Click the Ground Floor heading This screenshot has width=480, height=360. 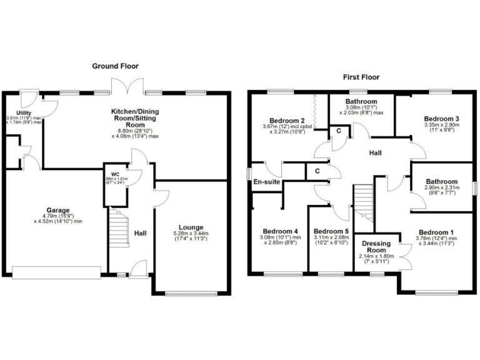(115, 66)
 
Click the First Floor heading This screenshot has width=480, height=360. (361, 77)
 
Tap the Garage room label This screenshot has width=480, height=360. (57, 210)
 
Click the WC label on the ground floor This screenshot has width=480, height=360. (115, 174)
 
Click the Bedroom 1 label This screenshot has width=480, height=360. (436, 232)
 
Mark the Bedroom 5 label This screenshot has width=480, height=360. (330, 229)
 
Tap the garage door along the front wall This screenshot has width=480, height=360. (56, 272)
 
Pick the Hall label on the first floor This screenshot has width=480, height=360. (375, 153)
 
